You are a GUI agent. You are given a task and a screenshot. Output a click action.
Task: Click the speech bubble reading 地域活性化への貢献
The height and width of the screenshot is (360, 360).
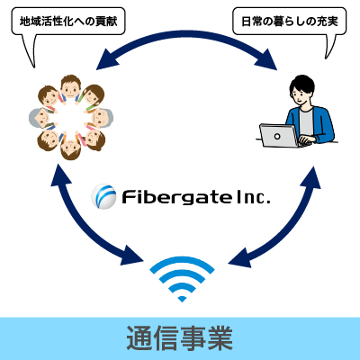point(68,22)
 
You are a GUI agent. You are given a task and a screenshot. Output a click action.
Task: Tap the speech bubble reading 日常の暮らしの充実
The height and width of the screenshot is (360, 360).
point(289,22)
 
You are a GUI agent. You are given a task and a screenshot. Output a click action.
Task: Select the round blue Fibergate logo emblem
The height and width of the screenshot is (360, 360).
point(103,196)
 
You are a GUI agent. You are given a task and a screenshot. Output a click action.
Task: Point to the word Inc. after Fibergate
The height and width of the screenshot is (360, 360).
point(254,197)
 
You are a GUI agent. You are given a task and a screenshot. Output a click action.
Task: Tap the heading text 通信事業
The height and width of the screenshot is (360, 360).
point(180,337)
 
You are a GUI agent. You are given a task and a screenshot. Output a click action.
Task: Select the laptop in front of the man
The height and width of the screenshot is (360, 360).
point(280,136)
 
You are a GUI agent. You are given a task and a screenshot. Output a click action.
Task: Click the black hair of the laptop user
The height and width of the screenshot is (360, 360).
point(302,84)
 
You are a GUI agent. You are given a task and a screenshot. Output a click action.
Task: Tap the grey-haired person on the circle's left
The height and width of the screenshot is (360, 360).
point(40,118)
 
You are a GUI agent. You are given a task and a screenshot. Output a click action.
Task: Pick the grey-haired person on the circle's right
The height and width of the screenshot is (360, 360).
point(102,118)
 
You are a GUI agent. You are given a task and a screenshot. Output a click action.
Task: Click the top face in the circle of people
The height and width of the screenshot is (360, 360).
point(71,87)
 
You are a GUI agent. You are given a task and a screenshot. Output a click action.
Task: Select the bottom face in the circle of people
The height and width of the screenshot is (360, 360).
point(71,148)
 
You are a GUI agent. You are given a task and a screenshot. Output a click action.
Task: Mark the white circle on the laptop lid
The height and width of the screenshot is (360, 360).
point(277,137)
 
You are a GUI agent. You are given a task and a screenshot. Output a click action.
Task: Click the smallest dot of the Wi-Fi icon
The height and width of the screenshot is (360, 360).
point(182,299)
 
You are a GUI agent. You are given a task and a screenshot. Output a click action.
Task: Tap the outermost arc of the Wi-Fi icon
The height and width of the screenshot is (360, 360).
point(182,262)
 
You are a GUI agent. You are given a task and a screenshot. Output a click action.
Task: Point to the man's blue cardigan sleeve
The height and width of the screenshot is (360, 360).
point(325,126)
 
